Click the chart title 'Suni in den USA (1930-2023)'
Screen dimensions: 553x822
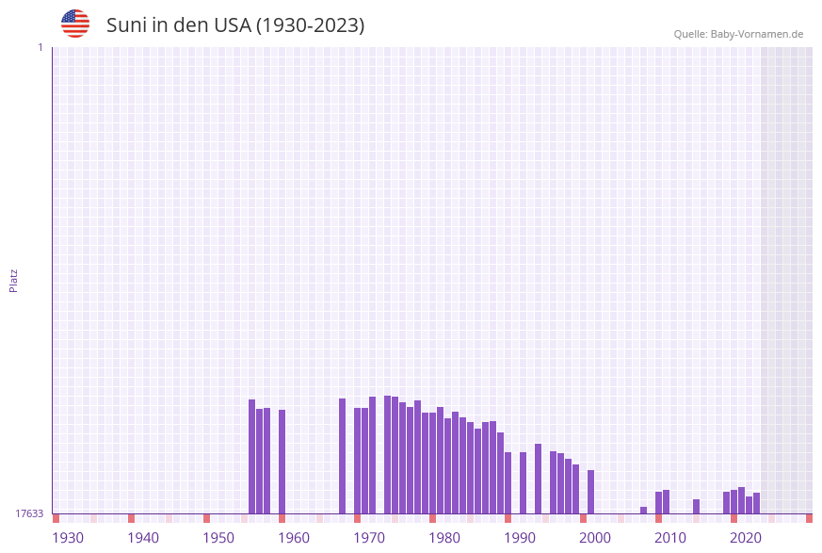click(x=234, y=25)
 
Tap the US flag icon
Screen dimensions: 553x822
click(x=75, y=24)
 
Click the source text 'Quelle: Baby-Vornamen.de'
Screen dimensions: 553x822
click(x=738, y=34)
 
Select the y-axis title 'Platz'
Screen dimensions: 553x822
click(x=14, y=281)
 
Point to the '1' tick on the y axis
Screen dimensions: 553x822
click(x=40, y=48)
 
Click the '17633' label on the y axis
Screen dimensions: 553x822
click(x=29, y=513)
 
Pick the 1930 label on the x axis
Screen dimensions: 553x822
click(x=68, y=538)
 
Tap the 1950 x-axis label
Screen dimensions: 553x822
click(x=218, y=538)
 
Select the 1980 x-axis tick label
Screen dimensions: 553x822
click(x=444, y=538)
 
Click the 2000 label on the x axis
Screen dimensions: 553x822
click(x=595, y=538)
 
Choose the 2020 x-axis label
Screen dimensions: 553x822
click(x=746, y=538)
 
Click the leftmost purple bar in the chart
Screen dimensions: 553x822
click(x=251, y=457)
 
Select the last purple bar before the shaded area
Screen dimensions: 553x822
click(x=756, y=503)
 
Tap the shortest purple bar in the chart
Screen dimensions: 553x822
click(x=643, y=510)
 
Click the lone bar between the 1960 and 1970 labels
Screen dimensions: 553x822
click(x=342, y=456)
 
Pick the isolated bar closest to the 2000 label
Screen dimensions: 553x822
click(x=590, y=492)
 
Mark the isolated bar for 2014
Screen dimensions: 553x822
click(x=696, y=506)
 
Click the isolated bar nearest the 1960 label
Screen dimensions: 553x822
click(x=282, y=462)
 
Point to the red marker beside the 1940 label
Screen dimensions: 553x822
click(x=131, y=518)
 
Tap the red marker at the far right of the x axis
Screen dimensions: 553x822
click(x=809, y=518)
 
